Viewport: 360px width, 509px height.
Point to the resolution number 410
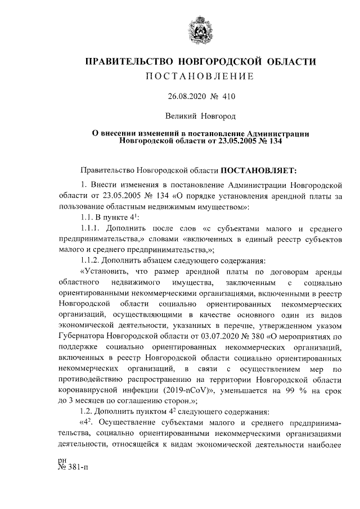click(x=228, y=97)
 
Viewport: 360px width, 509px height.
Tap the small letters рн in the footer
click(x=62, y=477)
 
